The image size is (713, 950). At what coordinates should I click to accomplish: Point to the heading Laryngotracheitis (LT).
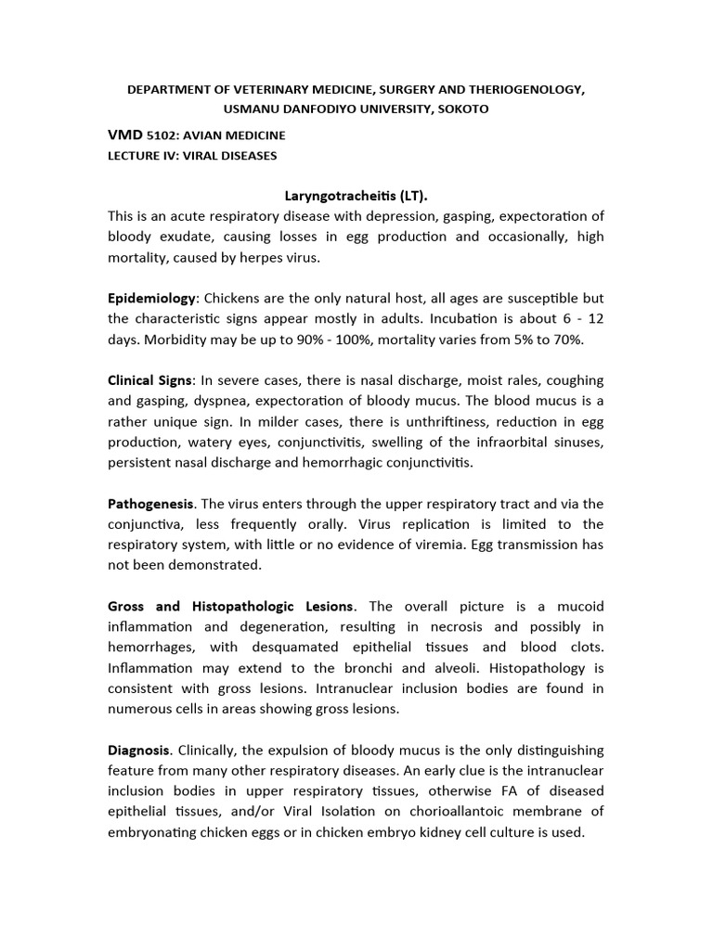pos(356,197)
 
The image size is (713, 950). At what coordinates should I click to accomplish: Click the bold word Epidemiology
pos(152,298)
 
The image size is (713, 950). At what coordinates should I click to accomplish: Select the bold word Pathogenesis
pos(151,504)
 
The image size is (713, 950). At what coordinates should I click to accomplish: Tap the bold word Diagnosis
pos(139,749)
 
